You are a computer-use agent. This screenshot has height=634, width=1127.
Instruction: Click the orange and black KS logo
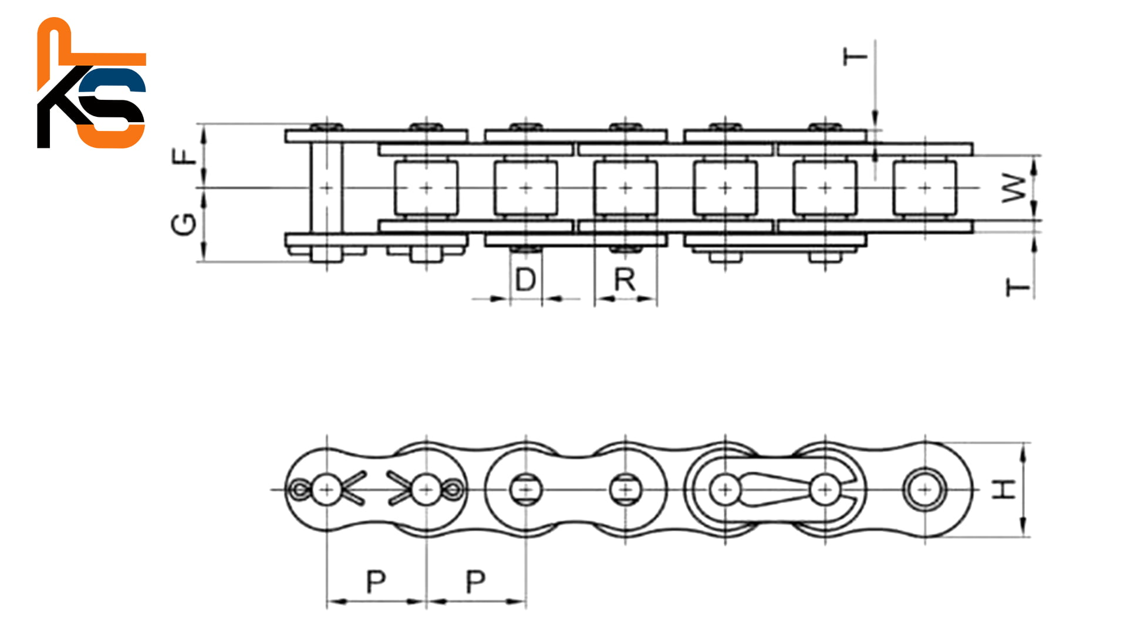(x=92, y=83)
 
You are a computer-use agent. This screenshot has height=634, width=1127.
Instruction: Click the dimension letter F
(x=185, y=156)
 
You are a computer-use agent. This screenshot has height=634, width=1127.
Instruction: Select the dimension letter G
(x=184, y=224)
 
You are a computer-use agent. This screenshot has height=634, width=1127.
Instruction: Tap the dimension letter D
(x=525, y=279)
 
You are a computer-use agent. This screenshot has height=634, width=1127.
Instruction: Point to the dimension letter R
(x=625, y=279)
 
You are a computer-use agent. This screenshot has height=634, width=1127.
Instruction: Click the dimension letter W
(x=1015, y=188)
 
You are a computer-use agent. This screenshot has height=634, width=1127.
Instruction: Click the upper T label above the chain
(x=855, y=57)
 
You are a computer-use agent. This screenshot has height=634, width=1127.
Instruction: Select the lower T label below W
(x=1018, y=288)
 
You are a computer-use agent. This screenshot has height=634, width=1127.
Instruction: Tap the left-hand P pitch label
(x=376, y=582)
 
